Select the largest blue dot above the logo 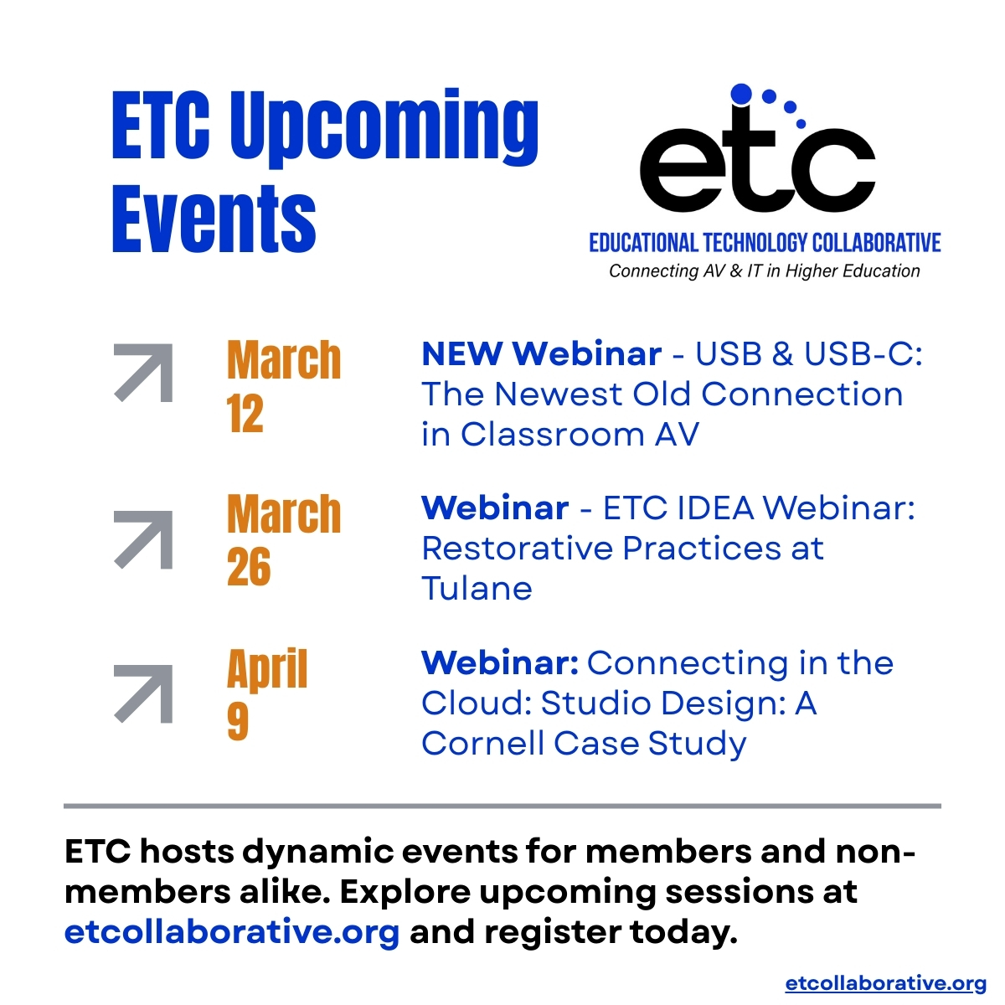[x=741, y=94]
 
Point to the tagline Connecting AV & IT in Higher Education [x=764, y=271]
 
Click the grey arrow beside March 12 [x=143, y=373]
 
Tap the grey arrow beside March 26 [x=143, y=539]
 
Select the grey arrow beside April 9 [x=143, y=693]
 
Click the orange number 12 [x=245, y=414]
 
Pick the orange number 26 [x=249, y=567]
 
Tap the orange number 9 [x=238, y=721]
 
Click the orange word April [x=267, y=670]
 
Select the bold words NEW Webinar [x=541, y=354]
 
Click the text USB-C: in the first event [x=863, y=354]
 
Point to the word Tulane [x=477, y=589]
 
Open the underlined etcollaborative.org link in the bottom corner [x=885, y=983]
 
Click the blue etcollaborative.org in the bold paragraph [x=232, y=932]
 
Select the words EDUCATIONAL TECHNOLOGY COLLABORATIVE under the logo [x=765, y=243]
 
